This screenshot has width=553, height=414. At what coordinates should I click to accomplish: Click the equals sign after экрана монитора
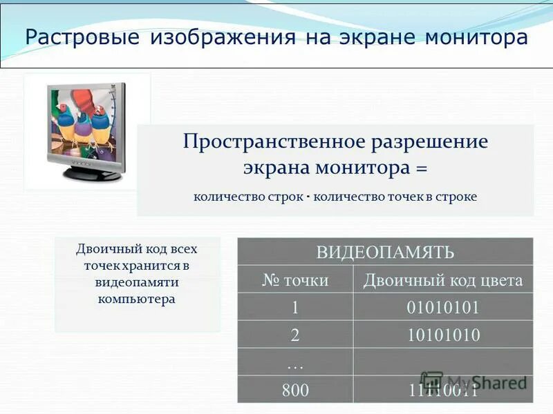(420, 168)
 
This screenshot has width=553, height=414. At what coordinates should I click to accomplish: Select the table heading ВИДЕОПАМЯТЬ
(385, 252)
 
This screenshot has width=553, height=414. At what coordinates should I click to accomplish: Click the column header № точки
(295, 280)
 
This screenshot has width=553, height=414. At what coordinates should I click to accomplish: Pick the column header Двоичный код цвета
(443, 280)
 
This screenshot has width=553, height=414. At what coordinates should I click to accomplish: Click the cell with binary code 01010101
(443, 308)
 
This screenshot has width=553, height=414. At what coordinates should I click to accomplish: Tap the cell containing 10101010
(443, 335)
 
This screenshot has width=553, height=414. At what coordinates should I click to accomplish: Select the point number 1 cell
(295, 308)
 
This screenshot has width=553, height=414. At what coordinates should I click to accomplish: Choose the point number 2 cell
(295, 335)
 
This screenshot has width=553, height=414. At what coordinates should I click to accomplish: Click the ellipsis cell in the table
(295, 362)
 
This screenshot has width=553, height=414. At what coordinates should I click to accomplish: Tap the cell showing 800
(295, 390)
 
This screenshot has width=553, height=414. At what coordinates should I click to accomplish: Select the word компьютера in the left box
(137, 299)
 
